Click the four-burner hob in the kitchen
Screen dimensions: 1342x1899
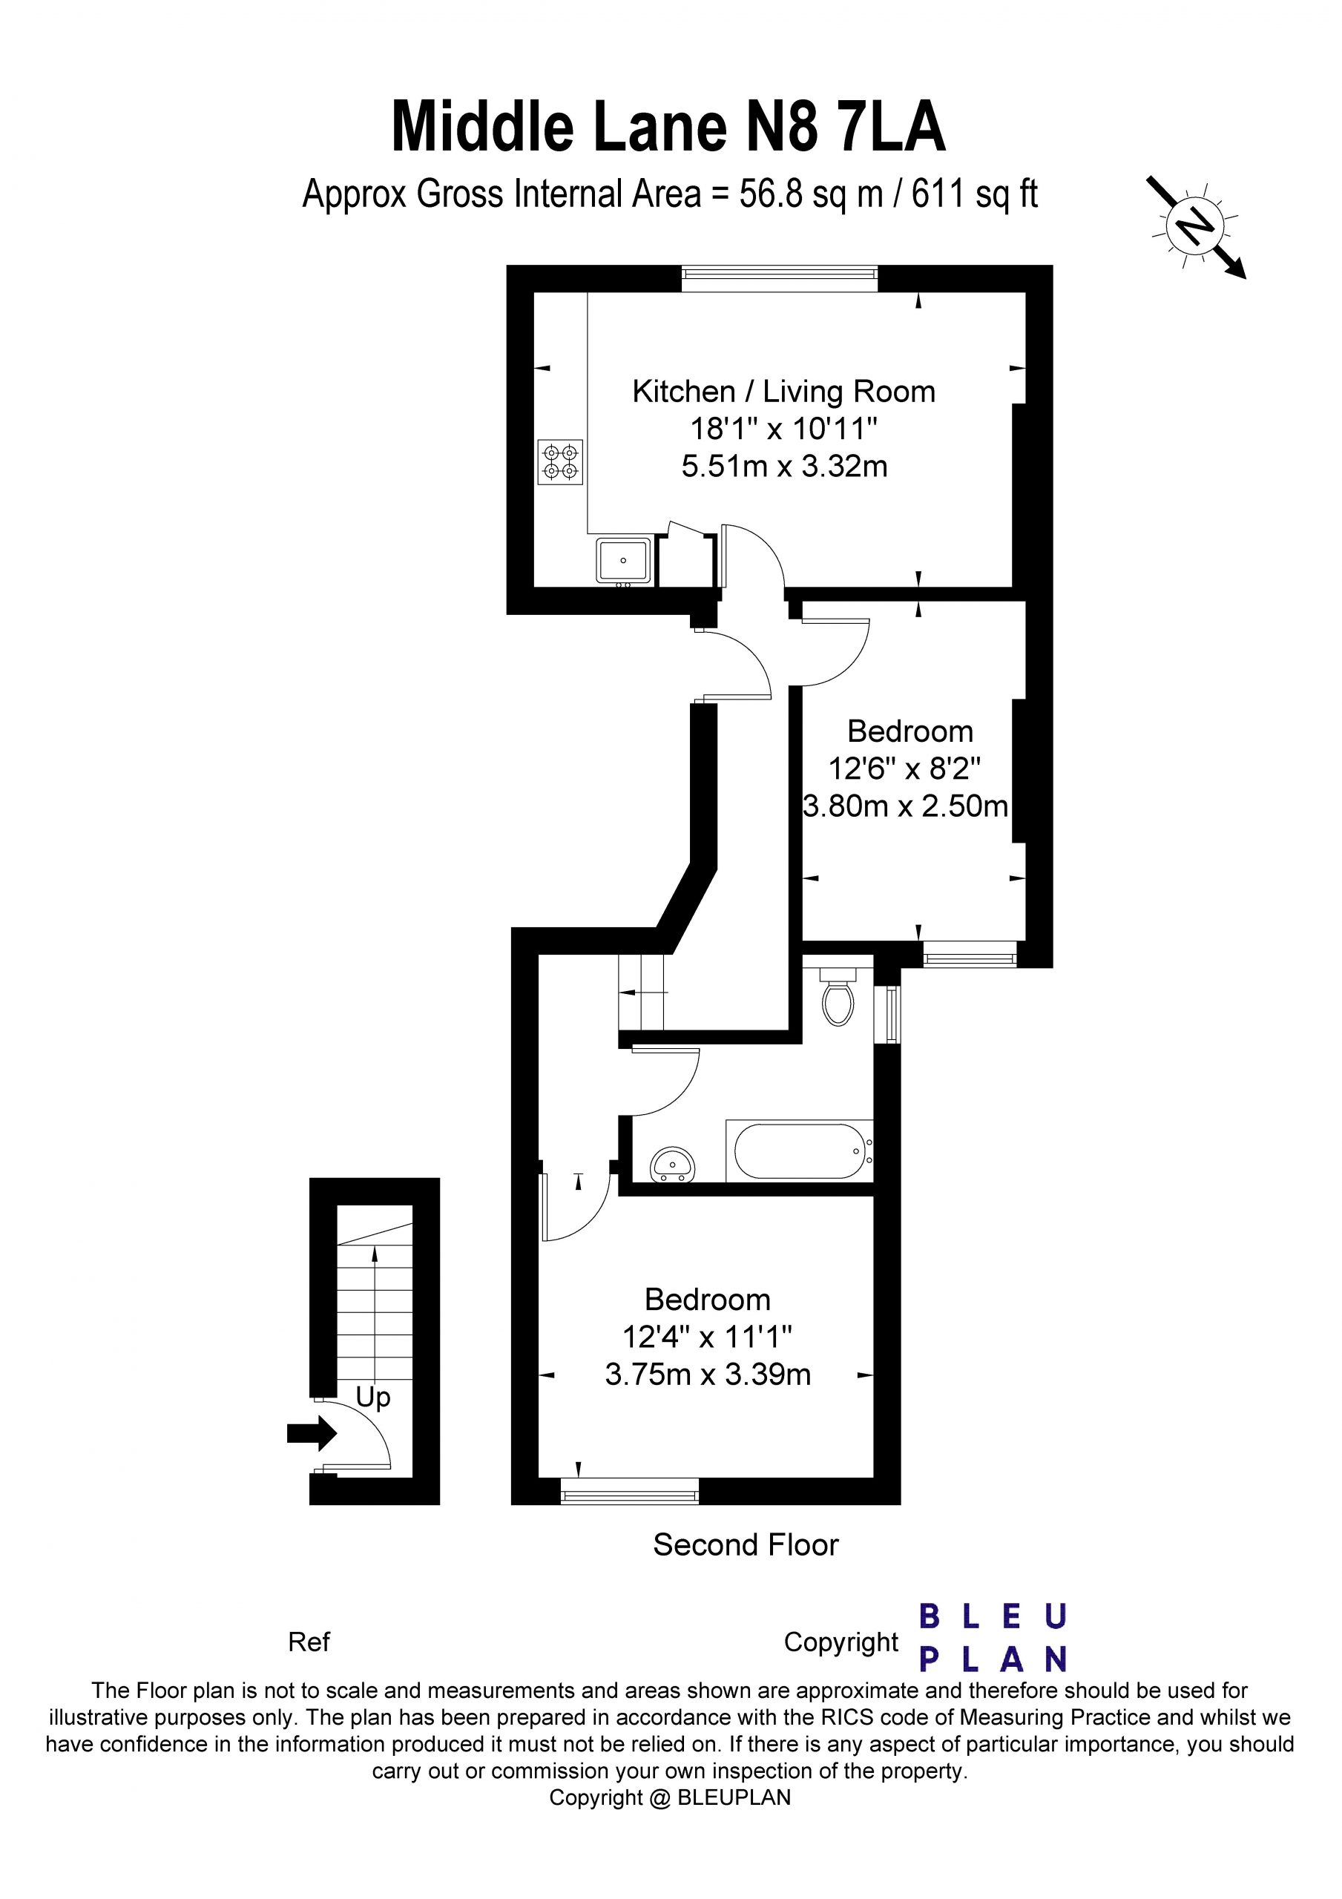click(x=561, y=462)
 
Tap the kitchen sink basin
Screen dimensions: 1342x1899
click(x=624, y=559)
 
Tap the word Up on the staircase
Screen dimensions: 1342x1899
click(x=372, y=1397)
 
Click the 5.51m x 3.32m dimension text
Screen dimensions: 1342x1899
click(x=784, y=467)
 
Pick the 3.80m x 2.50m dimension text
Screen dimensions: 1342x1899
click(x=905, y=806)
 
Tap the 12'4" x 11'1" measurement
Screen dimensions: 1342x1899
click(x=708, y=1337)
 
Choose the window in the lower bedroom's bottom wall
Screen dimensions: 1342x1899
click(x=630, y=1490)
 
